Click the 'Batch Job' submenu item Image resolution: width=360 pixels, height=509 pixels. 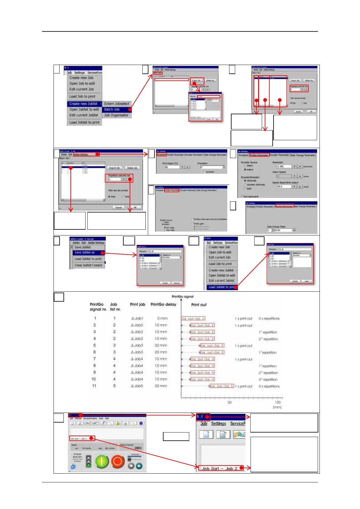tap(112, 109)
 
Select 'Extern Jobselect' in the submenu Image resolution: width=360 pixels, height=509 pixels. tap(116, 104)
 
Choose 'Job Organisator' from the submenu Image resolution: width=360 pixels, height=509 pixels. tap(116, 115)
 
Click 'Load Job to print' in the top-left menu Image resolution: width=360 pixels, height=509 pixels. tap(82, 96)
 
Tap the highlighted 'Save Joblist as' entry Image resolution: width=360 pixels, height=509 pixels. tap(85, 252)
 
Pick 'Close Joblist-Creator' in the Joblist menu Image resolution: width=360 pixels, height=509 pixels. tap(88, 265)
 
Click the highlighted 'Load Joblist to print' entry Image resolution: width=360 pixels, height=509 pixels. tap(221, 287)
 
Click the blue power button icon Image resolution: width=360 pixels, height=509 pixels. tap(73, 466)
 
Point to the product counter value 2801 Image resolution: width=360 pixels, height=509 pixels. tap(138, 448)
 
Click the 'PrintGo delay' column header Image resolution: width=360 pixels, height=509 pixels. tap(163, 304)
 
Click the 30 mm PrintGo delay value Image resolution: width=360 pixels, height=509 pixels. tap(161, 386)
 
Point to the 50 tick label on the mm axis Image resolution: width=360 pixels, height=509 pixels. tap(230, 402)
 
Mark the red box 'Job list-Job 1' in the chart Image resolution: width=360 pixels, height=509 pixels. tap(193, 319)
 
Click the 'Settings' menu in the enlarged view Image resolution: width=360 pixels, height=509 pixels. tap(219, 423)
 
